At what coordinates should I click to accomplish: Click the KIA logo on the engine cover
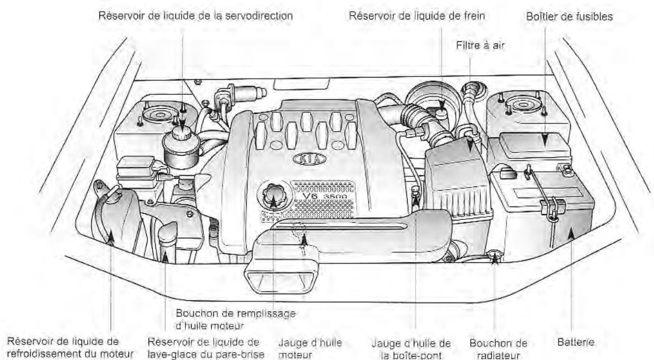pos(309,159)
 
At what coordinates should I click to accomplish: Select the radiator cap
pos(493,256)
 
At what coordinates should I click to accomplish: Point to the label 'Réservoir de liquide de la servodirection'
pos(195,16)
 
